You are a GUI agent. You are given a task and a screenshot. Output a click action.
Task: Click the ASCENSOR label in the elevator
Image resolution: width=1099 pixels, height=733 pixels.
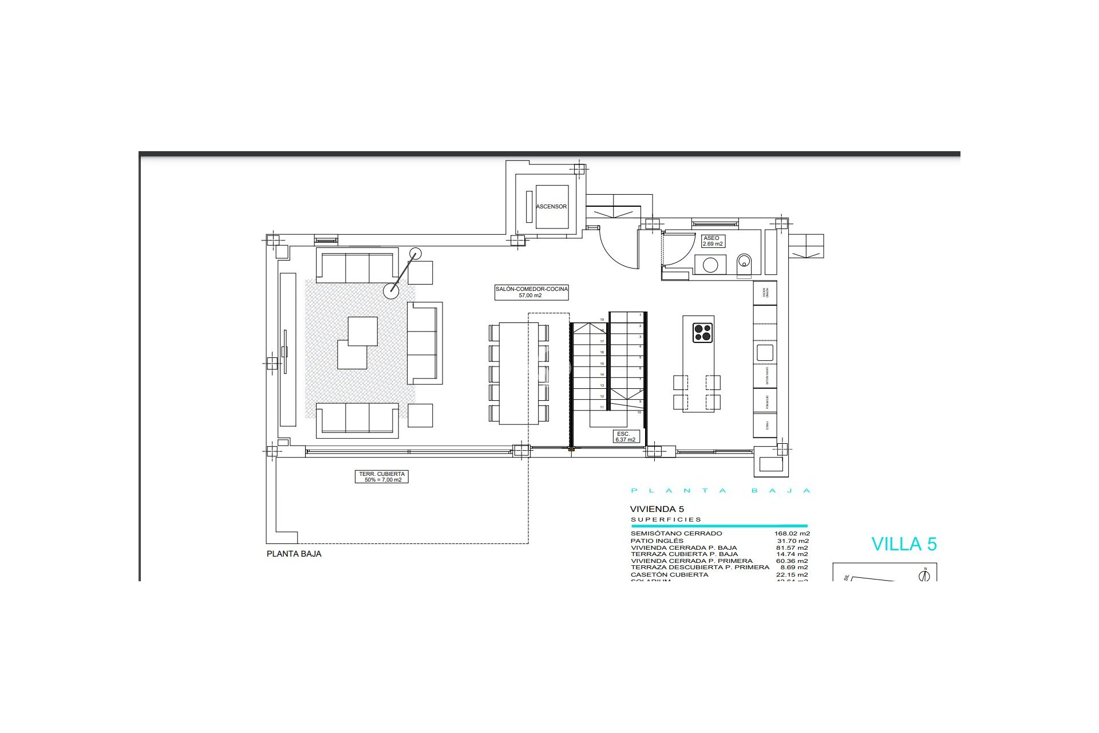(x=551, y=207)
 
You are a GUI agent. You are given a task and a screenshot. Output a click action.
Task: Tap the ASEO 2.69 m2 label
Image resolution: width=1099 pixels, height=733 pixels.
(x=713, y=241)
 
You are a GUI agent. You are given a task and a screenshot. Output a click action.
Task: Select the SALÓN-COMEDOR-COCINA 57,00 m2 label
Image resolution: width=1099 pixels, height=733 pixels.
(x=531, y=292)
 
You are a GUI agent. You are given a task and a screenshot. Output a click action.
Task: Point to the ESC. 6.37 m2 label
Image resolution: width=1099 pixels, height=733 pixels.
(x=625, y=437)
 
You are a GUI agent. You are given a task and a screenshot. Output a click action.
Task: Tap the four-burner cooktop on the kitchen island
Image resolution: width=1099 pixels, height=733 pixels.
(x=702, y=333)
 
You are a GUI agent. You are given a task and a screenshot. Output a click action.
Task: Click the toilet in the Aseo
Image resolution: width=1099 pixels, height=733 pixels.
(x=744, y=263)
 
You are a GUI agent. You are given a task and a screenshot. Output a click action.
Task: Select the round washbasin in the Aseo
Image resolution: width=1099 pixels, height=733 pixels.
(x=710, y=265)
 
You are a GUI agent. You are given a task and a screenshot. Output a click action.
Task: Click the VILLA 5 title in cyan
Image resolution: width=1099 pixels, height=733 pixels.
(x=904, y=544)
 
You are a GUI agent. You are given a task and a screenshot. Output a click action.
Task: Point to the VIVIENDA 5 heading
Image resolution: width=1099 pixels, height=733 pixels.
(x=657, y=509)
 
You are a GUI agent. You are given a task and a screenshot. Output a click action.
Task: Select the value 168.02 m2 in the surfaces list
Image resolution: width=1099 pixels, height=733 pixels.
(x=792, y=534)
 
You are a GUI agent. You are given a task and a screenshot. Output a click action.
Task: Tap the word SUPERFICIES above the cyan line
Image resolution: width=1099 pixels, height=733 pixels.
(x=666, y=520)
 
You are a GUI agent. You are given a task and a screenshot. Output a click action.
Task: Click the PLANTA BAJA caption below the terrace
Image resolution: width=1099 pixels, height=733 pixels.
(x=294, y=554)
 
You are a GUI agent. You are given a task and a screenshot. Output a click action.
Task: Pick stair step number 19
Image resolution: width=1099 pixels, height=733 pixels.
(x=602, y=320)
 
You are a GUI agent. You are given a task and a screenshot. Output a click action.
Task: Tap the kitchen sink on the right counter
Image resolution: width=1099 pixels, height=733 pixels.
(x=765, y=352)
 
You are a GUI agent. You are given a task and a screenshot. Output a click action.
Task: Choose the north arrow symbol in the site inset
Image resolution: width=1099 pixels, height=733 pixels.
(x=924, y=575)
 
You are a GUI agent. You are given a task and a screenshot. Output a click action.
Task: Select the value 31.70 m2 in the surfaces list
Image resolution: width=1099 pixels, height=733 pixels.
(x=792, y=541)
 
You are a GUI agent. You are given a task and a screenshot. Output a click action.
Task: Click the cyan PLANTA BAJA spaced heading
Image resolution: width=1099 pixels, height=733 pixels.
(x=721, y=491)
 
